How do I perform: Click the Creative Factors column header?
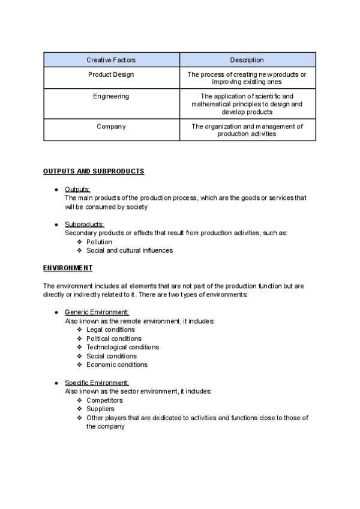(x=111, y=60)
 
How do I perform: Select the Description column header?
(x=247, y=60)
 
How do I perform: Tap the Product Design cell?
(x=111, y=74)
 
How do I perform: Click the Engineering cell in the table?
(x=111, y=96)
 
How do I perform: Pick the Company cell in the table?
(x=111, y=127)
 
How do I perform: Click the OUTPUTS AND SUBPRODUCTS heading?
(x=94, y=172)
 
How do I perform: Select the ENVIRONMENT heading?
(x=68, y=268)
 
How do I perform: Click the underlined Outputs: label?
(x=77, y=190)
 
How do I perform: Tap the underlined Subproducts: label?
(x=85, y=224)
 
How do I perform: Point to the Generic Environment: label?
(x=97, y=312)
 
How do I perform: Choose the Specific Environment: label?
(x=97, y=383)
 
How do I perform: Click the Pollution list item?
(x=99, y=242)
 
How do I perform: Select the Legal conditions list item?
(x=110, y=330)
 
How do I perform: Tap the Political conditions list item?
(x=114, y=339)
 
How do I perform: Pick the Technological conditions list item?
(x=122, y=347)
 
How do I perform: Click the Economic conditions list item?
(x=117, y=364)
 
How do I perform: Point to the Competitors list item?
(x=104, y=400)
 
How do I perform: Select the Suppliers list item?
(x=100, y=409)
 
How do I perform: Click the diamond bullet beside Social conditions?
(x=80, y=356)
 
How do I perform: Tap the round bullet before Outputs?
(x=56, y=190)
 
